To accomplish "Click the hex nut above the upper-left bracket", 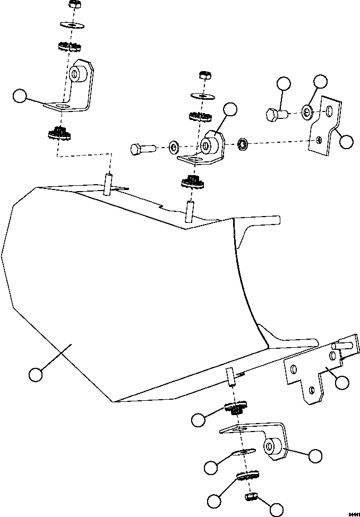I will click(74, 6).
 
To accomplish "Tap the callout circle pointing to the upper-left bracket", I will click(20, 96).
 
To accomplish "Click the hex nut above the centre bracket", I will click(204, 75).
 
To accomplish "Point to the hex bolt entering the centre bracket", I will click(140, 148).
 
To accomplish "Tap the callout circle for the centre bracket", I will click(229, 110).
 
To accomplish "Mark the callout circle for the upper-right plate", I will click(346, 141).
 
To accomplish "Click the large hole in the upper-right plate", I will click(329, 110).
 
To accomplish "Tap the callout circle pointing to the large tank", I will click(36, 375).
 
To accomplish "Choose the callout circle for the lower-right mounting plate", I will click(342, 382).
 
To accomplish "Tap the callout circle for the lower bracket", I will click(315, 456).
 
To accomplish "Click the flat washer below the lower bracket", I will click(242, 452).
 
